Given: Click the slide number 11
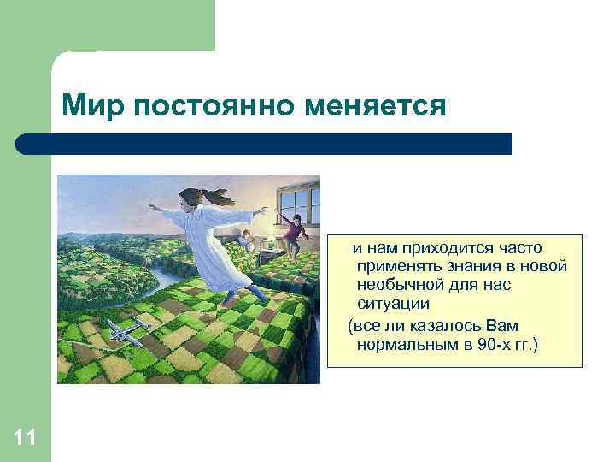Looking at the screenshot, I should (x=25, y=439).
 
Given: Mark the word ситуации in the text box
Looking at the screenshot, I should (x=393, y=304).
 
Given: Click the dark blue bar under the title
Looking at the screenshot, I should (x=265, y=143).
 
